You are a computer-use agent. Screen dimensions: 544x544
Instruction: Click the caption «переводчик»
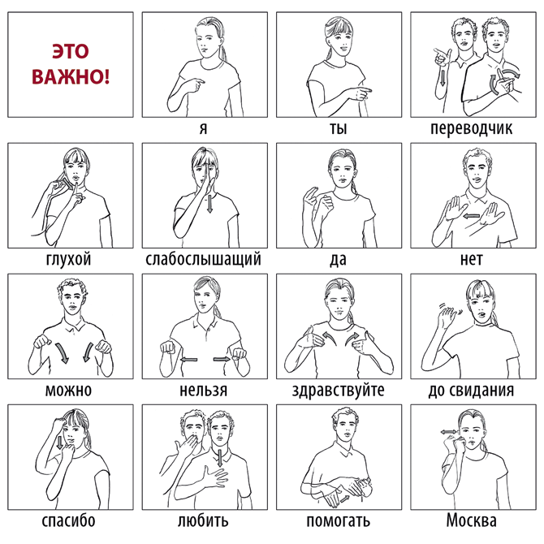(471, 128)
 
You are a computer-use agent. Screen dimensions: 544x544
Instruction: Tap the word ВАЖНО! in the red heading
(71, 76)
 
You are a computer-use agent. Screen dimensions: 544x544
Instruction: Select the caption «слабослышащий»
(203, 259)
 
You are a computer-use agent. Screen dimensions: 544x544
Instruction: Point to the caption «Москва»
(471, 520)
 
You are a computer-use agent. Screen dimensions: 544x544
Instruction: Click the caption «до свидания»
(471, 390)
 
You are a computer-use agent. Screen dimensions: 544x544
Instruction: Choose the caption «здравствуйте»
(339, 390)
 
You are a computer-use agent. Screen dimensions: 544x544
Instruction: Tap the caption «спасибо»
(68, 520)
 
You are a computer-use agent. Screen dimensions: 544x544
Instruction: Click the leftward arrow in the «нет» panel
(471, 216)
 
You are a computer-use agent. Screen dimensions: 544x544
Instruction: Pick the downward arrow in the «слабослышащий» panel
(209, 204)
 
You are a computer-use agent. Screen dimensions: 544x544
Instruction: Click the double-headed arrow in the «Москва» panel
(449, 432)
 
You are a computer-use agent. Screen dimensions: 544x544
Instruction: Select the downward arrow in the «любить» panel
(220, 458)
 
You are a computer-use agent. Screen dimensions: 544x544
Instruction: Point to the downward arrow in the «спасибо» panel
(60, 443)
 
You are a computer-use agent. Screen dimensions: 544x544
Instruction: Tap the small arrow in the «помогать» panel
(344, 499)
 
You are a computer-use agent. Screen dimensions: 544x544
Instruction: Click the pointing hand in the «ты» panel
(358, 93)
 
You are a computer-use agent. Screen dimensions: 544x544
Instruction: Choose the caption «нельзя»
(203, 390)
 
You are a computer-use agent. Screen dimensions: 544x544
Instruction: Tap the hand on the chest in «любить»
(215, 477)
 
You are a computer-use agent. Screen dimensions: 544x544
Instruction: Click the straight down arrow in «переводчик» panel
(443, 77)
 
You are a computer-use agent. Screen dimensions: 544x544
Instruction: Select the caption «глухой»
(68, 259)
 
